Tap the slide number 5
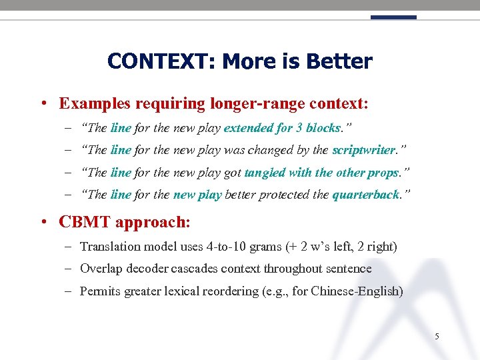[437, 337]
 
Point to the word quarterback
[365, 195]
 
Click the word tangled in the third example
[265, 173]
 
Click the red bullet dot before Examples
[42, 104]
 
